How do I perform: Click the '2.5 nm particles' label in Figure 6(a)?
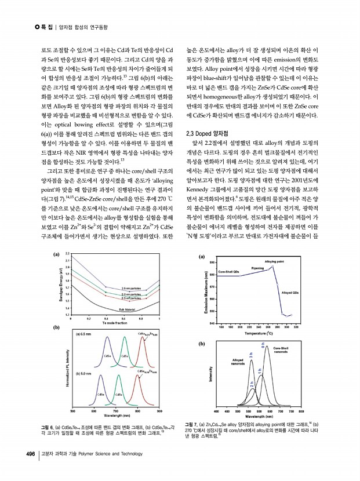click(x=132, y=288)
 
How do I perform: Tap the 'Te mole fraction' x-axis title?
click(x=114, y=322)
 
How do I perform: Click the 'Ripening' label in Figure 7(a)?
click(x=257, y=269)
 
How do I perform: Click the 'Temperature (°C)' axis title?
click(x=259, y=334)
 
